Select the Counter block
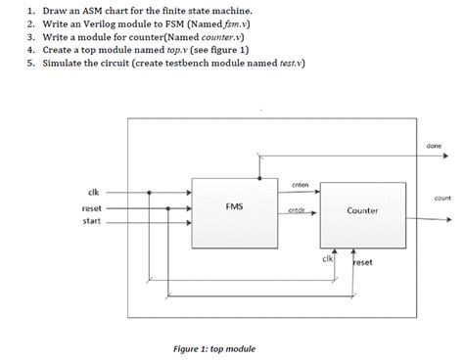coord(362,210)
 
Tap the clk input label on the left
coord(93,191)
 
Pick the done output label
coord(434,146)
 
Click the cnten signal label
coord(301,185)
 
